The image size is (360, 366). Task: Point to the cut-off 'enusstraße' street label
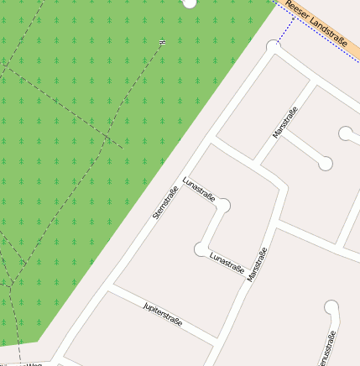[327, 348]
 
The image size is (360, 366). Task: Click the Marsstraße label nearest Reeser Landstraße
[285, 123]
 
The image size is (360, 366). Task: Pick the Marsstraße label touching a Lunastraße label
[257, 264]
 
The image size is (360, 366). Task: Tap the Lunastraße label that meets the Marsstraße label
[227, 263]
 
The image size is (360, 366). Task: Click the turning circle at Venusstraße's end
[331, 307]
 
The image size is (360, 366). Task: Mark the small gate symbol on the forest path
[162, 40]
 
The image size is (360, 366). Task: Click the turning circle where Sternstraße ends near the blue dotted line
[272, 47]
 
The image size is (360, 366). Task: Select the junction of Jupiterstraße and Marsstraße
[219, 338]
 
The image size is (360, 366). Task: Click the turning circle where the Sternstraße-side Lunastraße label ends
[223, 204]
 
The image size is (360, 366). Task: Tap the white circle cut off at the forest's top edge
[189, 3]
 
